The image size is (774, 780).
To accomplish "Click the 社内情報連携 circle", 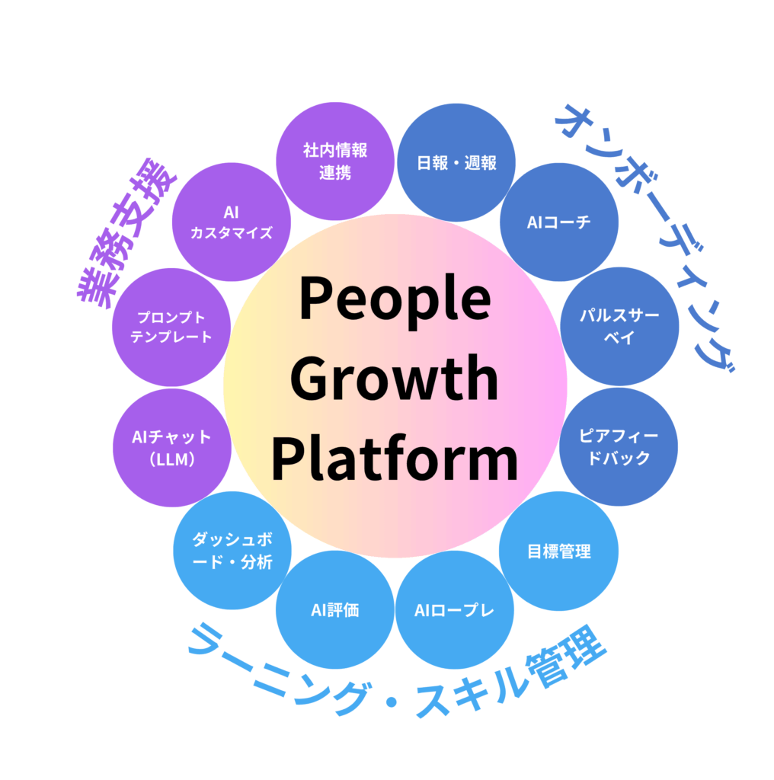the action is pos(334,161).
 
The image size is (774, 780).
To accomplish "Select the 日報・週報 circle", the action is pos(456,163).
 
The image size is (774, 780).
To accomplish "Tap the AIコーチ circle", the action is pos(559,222).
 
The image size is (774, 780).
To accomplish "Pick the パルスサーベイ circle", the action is pos(619,326).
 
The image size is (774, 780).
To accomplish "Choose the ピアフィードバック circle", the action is pos(619,446).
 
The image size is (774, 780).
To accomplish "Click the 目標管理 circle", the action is pos(558,551).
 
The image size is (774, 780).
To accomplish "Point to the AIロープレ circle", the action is pos(455,610).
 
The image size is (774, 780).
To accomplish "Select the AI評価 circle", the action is pos(334,610).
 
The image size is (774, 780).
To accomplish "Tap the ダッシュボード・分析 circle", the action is pos(232,551).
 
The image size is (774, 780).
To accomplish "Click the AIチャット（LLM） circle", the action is pos(172,448).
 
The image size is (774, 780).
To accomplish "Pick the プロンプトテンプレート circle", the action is pos(171,328).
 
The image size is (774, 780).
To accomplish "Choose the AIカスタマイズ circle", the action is pos(232,222).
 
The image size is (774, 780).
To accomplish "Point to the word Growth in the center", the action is pos(394,378).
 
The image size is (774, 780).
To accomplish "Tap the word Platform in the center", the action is pos(395,457).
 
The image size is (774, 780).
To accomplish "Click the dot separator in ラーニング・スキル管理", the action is pos(392,702).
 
